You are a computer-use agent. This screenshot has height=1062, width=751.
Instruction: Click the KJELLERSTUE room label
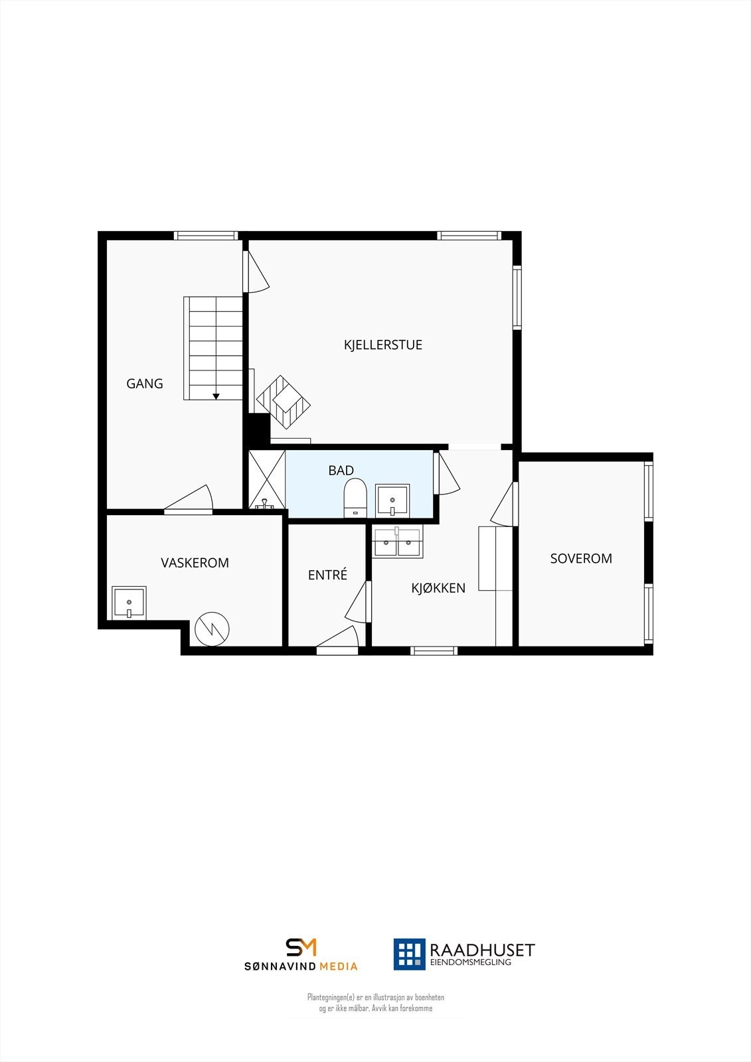(382, 344)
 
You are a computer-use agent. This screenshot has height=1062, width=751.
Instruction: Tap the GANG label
(145, 383)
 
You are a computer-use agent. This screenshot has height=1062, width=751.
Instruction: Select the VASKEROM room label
(195, 562)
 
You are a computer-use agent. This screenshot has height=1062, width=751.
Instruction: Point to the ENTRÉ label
(327, 575)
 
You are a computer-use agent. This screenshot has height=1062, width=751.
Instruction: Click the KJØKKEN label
(438, 587)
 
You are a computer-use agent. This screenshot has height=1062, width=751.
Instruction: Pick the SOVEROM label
(581, 558)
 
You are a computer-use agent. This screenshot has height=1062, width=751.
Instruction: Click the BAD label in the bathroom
(341, 470)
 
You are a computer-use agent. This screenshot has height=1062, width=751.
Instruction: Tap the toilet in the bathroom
(355, 496)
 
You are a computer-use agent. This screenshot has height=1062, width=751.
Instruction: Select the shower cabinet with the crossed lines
(267, 479)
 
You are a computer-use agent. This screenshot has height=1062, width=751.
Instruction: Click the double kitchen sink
(397, 542)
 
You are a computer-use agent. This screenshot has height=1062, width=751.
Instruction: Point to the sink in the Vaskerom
(129, 603)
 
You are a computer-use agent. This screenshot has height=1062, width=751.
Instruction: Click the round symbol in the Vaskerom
(212, 628)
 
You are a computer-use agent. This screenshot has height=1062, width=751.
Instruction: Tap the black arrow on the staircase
(216, 396)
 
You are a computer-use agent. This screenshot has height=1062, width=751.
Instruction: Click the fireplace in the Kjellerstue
(284, 402)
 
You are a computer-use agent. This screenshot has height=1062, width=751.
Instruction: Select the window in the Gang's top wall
(206, 235)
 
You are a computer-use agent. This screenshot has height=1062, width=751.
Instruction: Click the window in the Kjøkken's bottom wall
(434, 650)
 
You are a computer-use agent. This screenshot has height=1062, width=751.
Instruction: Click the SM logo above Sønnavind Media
(301, 947)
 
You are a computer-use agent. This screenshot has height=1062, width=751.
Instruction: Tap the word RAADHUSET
(482, 950)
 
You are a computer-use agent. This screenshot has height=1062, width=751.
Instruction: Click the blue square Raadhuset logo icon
(409, 954)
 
